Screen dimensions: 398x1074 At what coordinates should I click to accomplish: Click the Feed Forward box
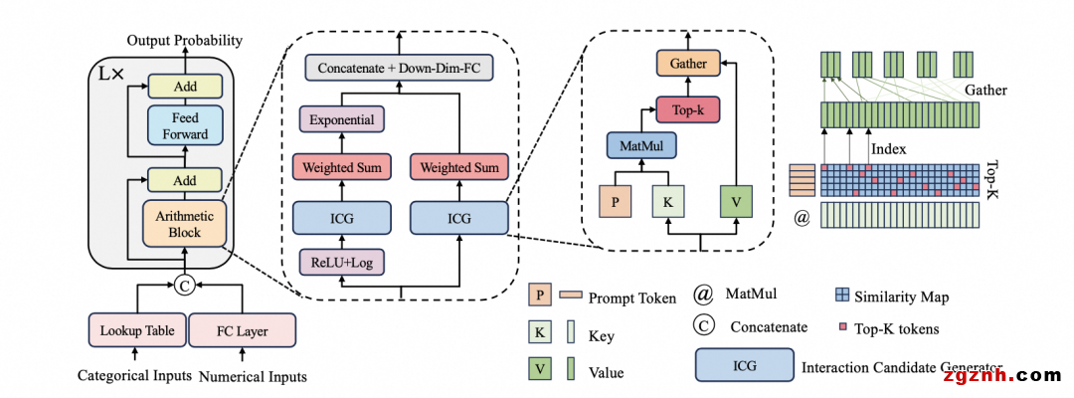click(x=185, y=126)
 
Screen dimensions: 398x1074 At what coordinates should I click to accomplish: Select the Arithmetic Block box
click(x=185, y=225)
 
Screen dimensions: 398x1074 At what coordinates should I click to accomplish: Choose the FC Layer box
click(x=242, y=330)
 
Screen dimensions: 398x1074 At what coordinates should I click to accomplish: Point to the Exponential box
click(x=343, y=120)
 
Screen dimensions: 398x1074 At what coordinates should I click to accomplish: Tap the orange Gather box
click(x=687, y=64)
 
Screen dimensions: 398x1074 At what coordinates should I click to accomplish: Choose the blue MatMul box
click(x=641, y=148)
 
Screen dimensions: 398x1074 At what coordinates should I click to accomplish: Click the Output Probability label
click(x=184, y=41)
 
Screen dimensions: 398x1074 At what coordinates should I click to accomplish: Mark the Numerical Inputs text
click(x=254, y=376)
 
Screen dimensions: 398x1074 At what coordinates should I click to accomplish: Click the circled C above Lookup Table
click(x=184, y=287)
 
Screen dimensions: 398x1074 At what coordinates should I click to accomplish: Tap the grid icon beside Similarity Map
click(x=841, y=296)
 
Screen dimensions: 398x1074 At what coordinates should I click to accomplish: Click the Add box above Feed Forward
click(x=185, y=87)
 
